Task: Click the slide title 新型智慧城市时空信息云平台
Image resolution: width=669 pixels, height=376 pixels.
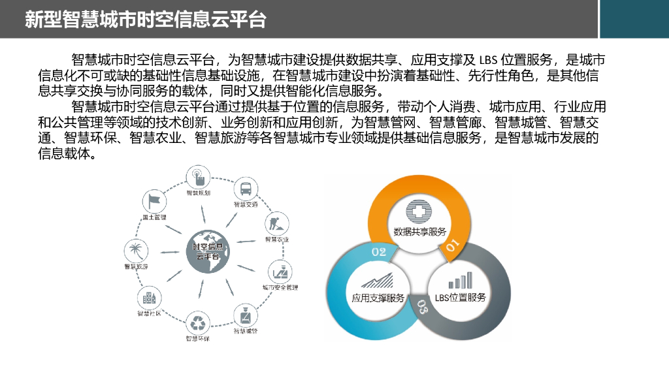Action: [146, 19]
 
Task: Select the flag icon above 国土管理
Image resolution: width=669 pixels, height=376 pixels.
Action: [154, 200]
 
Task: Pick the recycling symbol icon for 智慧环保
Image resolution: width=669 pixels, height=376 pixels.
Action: [197, 322]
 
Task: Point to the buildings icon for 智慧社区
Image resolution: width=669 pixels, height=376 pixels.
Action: [149, 298]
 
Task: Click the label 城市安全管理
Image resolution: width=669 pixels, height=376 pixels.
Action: [280, 287]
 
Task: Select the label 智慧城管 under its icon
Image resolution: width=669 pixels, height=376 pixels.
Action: [246, 331]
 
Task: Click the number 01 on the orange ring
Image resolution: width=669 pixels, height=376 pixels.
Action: [452, 246]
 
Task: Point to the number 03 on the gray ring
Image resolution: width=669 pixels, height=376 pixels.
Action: [422, 309]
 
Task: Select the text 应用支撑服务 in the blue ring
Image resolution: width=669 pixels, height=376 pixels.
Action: [378, 298]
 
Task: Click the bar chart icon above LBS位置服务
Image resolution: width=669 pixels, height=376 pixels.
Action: [460, 281]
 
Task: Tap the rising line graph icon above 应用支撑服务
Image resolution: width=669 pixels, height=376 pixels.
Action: [378, 281]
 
